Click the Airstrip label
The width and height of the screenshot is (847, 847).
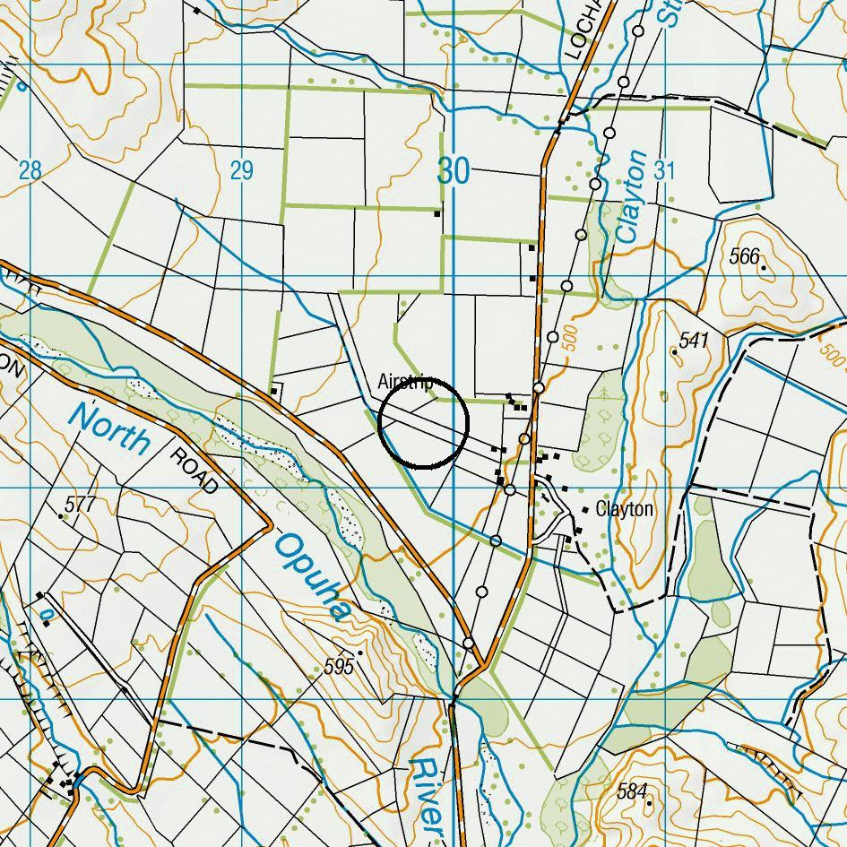click(405, 383)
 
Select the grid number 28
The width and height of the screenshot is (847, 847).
click(30, 170)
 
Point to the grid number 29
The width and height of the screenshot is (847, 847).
click(241, 170)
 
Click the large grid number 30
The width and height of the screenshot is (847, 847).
click(454, 169)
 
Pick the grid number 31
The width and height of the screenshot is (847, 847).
click(664, 170)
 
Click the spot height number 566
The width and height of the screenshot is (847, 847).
click(743, 257)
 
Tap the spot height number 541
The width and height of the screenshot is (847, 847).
click(694, 341)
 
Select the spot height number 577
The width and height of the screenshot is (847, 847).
click(80, 505)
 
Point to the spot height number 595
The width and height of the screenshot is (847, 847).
click(340, 667)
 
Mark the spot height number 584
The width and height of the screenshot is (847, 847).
click(632, 791)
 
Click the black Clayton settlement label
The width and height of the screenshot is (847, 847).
click(625, 510)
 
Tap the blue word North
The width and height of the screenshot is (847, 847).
click(110, 428)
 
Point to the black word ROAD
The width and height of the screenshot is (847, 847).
click(194, 470)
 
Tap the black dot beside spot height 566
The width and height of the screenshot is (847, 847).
click(764, 267)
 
